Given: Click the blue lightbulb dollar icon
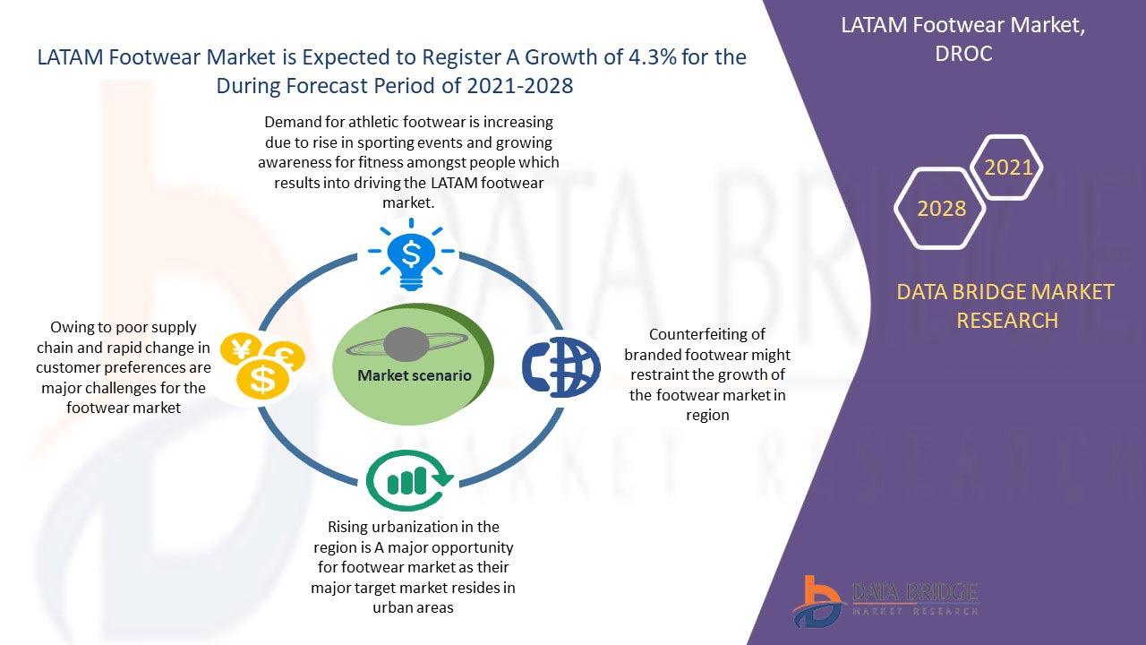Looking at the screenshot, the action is click(x=411, y=254).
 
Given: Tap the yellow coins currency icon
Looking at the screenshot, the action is click(x=262, y=365).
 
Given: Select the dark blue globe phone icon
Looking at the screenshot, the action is click(x=561, y=367).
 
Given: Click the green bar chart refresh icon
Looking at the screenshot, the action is click(x=410, y=480).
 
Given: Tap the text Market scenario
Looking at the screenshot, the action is click(x=415, y=375).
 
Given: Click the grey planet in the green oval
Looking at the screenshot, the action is click(x=406, y=345).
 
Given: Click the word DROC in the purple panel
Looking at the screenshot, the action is click(x=964, y=54).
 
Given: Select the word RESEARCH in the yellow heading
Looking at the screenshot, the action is click(x=1007, y=321).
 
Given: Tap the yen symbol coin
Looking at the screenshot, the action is click(x=241, y=349).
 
